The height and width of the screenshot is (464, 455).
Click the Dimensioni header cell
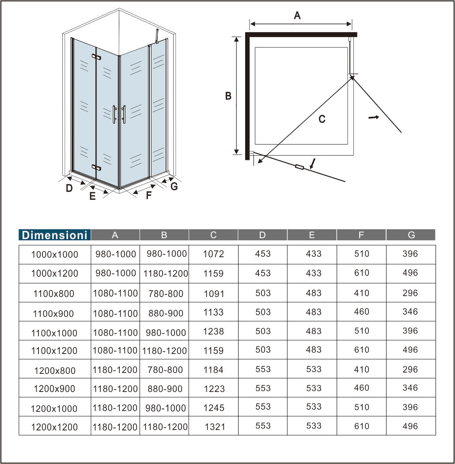(x=55, y=235)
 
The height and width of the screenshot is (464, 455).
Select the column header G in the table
(x=411, y=235)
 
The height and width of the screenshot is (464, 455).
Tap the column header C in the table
(x=213, y=235)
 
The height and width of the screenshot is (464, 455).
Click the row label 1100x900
(x=53, y=313)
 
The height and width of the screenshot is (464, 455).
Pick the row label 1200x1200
(x=54, y=427)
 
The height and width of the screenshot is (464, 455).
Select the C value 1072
(x=213, y=254)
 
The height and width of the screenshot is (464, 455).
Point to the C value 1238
(x=213, y=331)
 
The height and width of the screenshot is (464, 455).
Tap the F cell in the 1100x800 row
(x=361, y=293)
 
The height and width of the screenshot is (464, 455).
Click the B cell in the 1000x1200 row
(x=166, y=274)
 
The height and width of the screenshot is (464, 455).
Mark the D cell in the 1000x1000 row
(x=263, y=254)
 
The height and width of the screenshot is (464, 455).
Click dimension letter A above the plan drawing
(x=297, y=15)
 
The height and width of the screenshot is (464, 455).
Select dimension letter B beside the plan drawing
(x=228, y=96)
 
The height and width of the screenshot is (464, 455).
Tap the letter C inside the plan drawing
(x=322, y=119)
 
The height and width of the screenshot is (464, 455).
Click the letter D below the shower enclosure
(x=69, y=188)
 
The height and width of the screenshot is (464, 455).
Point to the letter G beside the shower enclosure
(x=174, y=186)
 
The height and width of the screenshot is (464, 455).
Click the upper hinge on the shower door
(x=96, y=57)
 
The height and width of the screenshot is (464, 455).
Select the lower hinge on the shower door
(x=96, y=167)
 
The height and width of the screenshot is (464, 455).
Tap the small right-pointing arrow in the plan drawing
(x=373, y=118)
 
